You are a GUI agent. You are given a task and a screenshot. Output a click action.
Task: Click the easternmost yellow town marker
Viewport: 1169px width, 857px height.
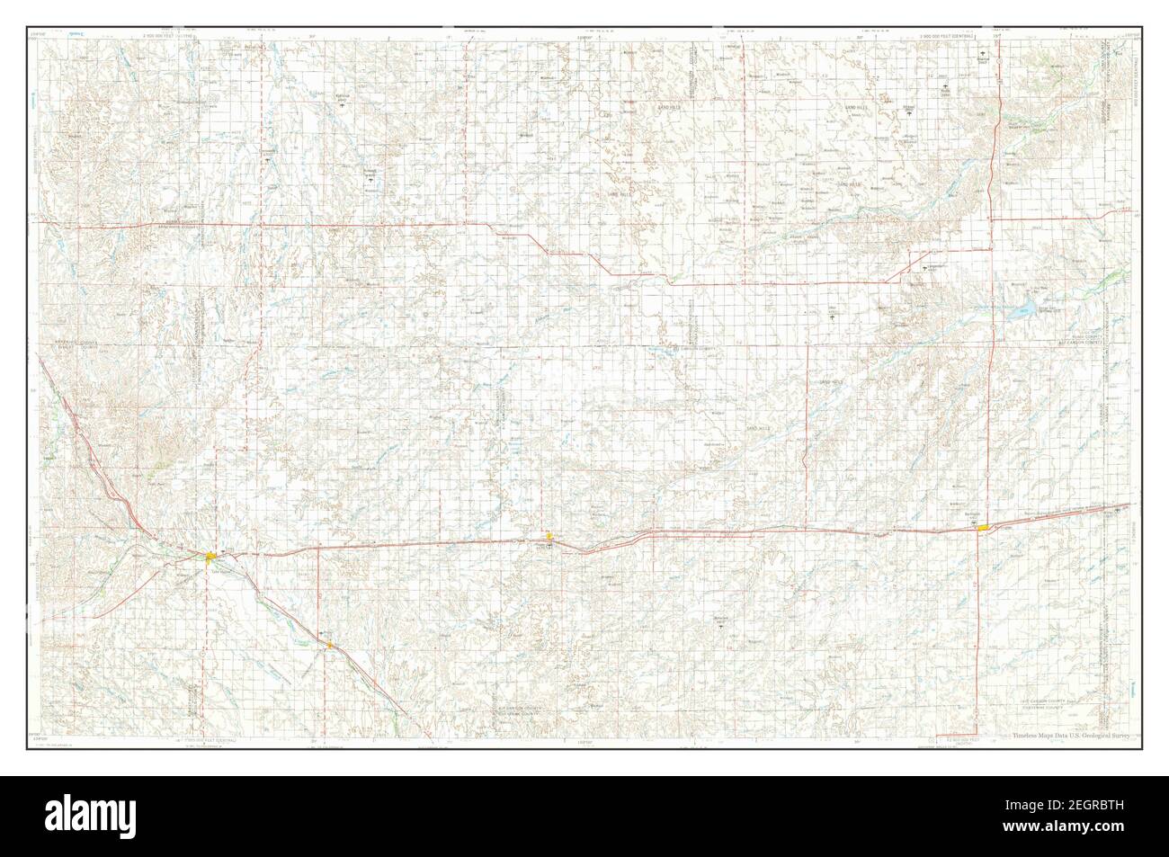985,528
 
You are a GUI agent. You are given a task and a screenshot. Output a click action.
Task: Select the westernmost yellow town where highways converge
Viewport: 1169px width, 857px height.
210,558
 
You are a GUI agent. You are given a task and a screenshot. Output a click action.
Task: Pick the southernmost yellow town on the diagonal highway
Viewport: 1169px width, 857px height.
330,645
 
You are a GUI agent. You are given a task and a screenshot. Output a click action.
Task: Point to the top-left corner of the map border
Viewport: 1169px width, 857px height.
38,28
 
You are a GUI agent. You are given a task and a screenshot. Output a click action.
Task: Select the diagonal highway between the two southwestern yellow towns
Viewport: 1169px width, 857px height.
270,600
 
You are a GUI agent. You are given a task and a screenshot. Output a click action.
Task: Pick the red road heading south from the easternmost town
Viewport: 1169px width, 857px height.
978,629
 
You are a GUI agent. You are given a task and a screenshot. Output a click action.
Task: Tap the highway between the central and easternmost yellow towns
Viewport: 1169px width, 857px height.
764,532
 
